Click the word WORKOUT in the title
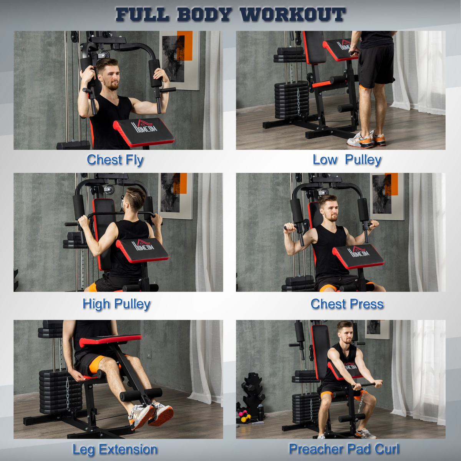tap(293, 15)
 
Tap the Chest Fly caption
tap(115, 159)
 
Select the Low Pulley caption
tap(347, 159)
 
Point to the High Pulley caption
tap(116, 304)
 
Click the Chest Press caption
tap(347, 304)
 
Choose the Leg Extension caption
tap(115, 449)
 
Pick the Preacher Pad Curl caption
tap(344, 449)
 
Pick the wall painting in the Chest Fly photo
tap(179, 60)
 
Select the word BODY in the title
tap(204, 15)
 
